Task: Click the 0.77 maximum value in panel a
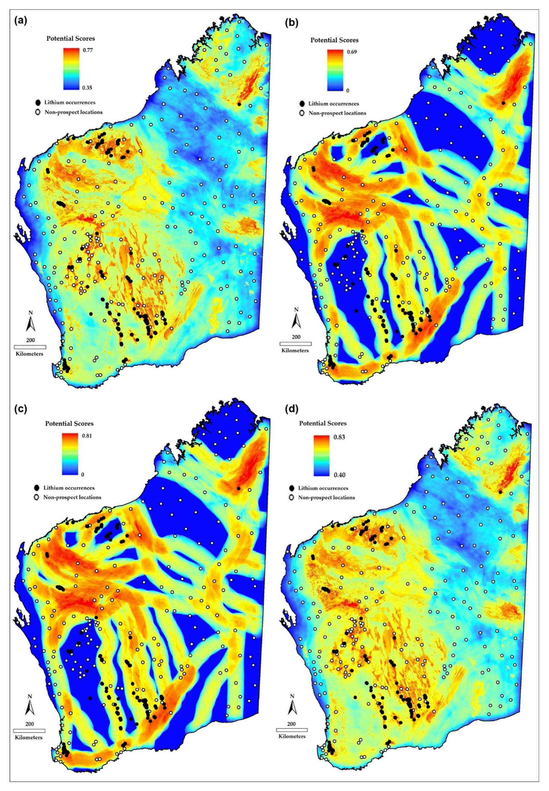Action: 88,50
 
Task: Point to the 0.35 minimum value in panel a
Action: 88,88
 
